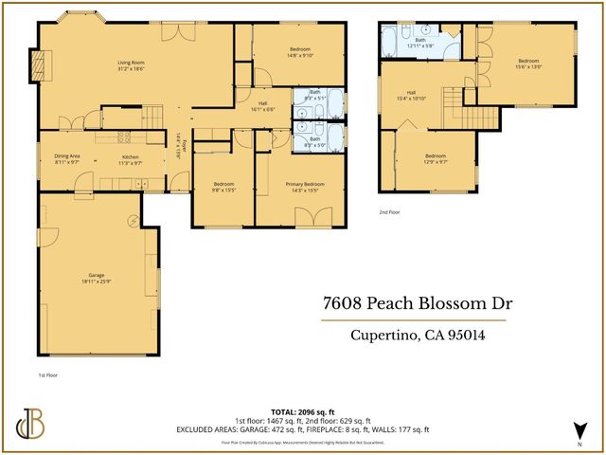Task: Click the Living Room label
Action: pyautogui.click(x=132, y=64)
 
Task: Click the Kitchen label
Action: pyautogui.click(x=130, y=159)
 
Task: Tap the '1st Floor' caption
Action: pyautogui.click(x=48, y=376)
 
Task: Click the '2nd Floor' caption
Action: pyautogui.click(x=389, y=212)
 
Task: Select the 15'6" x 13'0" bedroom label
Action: pyautogui.click(x=528, y=64)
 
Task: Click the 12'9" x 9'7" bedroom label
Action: pyautogui.click(x=436, y=158)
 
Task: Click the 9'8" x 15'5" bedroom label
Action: pyautogui.click(x=223, y=186)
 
